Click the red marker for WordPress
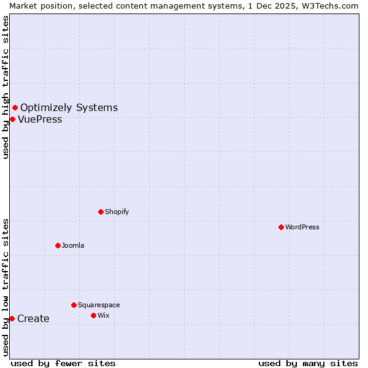[x=281, y=227]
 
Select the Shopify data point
[x=101, y=212]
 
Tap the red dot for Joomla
[x=58, y=245]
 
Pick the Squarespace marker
[x=74, y=305]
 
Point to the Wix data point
[x=93, y=315]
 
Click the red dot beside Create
[x=12, y=318]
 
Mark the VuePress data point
[x=12, y=119]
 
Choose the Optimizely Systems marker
[x=15, y=108]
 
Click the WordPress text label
[x=302, y=227]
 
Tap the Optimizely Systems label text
[x=69, y=108]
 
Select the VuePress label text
[x=40, y=119]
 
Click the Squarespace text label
[x=99, y=305]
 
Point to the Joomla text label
[x=73, y=245]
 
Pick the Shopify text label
[x=117, y=212]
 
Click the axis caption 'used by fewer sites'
[x=63, y=363]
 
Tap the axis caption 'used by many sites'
[x=308, y=363]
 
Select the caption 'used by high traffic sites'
[x=6, y=87]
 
